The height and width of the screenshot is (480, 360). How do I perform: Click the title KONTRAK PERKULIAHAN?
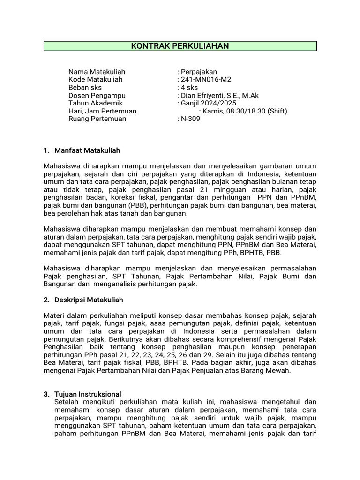coord(180,46)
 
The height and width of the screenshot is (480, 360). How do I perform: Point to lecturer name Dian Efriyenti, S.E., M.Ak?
coord(220,96)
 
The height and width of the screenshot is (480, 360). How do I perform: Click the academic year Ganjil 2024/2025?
coord(209,103)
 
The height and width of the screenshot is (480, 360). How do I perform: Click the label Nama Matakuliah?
coord(97,72)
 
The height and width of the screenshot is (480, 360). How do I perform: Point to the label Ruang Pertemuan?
coord(97,119)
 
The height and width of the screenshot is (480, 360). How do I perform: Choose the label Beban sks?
coord(85,88)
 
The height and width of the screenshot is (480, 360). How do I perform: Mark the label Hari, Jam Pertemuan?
coord(102,111)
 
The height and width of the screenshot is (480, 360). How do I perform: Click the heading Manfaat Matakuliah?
coord(88,150)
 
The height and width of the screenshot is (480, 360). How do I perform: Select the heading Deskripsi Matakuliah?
coord(89,300)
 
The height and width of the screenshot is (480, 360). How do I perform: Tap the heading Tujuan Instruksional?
coord(88,394)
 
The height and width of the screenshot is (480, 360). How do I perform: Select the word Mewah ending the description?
coord(280,370)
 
